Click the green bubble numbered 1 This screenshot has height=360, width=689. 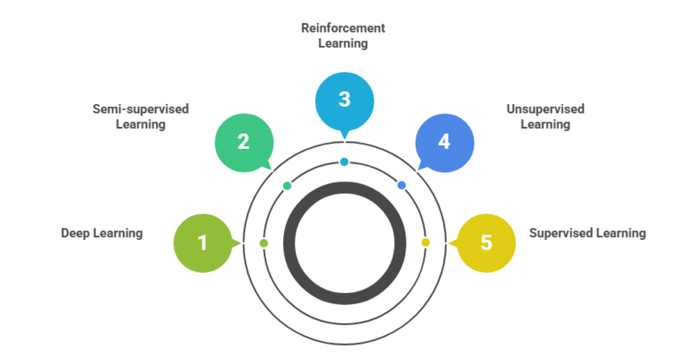click(202, 243)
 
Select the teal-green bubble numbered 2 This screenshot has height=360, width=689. click(243, 142)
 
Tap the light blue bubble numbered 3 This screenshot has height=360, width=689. click(344, 100)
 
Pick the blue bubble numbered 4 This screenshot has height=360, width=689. click(444, 142)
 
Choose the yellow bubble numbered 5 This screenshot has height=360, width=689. click(486, 243)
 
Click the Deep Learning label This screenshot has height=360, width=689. click(102, 233)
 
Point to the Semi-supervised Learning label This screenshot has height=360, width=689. click(141, 117)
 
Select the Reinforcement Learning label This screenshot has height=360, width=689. click(343, 36)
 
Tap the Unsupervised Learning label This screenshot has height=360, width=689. click(545, 117)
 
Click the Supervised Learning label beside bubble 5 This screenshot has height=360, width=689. click(587, 233)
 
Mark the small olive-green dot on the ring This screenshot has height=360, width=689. click(264, 243)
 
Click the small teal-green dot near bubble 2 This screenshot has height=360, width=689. click(287, 185)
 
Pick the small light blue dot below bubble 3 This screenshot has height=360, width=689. click(344, 162)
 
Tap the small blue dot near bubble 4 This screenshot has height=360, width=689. click(401, 185)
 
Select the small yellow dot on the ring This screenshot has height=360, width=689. click(425, 242)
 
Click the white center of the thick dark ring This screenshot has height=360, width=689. click(344, 243)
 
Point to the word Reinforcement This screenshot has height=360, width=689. click(343, 28)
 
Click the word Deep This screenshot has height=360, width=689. click(74, 233)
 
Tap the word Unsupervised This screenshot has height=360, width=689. click(545, 109)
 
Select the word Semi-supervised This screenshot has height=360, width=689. click(141, 109)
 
